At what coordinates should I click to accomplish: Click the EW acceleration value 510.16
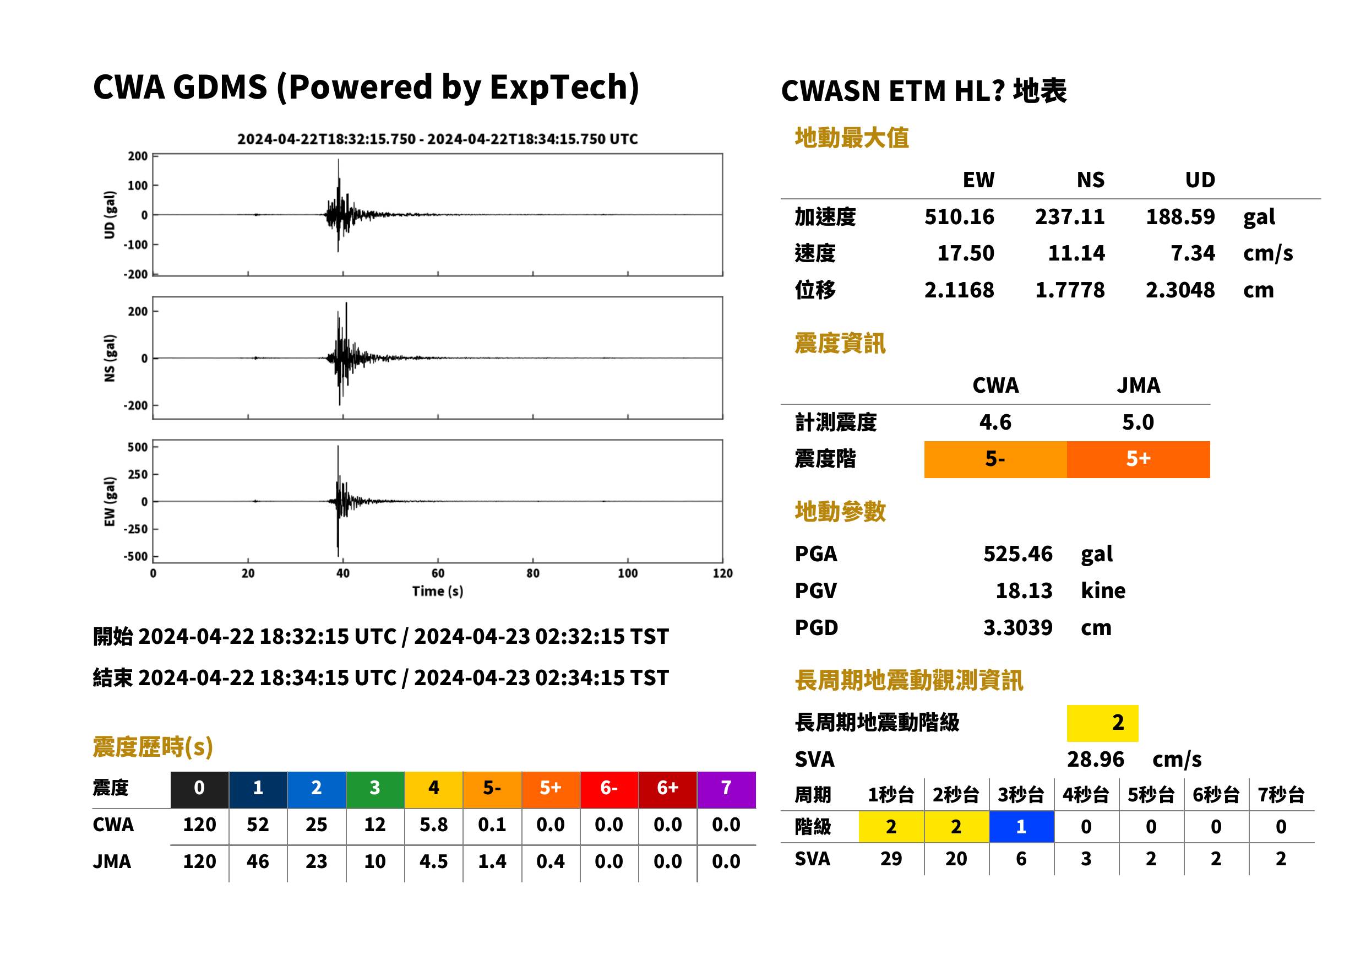coord(959,216)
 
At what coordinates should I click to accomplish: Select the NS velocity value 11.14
coord(1076,253)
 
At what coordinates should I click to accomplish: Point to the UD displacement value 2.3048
coord(1180,290)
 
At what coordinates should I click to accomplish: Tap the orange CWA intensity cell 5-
coord(995,459)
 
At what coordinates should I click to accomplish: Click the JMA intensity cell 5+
coord(1139,459)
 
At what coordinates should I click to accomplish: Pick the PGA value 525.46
coord(1017,554)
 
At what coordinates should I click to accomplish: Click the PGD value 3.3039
coord(1017,627)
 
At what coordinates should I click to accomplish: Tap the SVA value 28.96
coord(1095,759)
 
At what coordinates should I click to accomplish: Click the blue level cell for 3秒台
coord(1021,826)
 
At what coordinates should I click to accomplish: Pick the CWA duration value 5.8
coord(434,825)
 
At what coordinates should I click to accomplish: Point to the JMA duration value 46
coord(258,861)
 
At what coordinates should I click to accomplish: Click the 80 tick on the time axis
coord(533,573)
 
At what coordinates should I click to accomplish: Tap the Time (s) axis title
coord(437,592)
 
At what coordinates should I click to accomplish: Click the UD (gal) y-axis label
coord(110,215)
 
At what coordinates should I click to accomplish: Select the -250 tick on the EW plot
coord(136,529)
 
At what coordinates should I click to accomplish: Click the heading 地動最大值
coord(852,138)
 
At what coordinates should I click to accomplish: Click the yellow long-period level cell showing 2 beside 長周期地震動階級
coord(1102,723)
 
